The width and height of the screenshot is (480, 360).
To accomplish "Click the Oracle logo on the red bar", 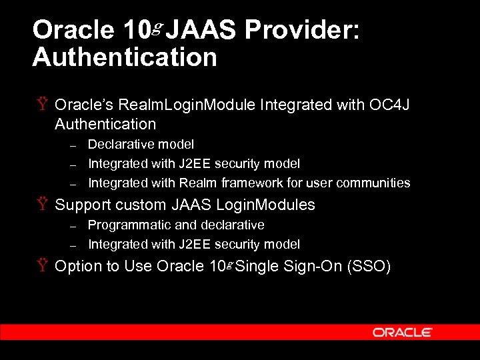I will pyautogui.click(x=402, y=332).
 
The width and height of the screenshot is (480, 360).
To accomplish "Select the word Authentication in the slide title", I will pyautogui.click(x=125, y=57).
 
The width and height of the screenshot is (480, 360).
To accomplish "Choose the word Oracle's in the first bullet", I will pyautogui.click(x=84, y=105).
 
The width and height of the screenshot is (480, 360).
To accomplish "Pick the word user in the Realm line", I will pyautogui.click(x=320, y=183).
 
